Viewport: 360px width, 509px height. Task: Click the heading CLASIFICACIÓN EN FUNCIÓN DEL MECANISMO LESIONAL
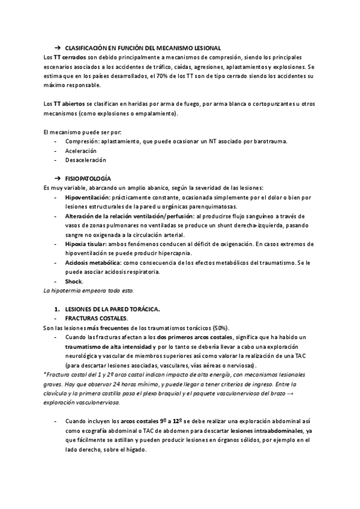pyautogui.click(x=143, y=47)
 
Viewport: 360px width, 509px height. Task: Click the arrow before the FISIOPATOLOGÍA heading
pyautogui.click(x=58, y=179)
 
